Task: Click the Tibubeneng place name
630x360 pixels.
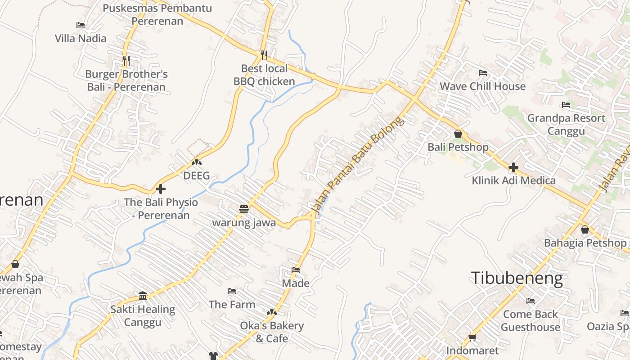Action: tap(517, 279)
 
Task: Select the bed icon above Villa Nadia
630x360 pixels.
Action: tap(81, 25)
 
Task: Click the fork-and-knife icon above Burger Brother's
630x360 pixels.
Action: tap(126, 60)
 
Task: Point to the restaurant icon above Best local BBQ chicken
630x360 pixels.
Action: tap(264, 55)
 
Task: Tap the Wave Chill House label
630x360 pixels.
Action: tap(482, 86)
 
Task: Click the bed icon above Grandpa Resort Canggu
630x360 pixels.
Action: tap(566, 105)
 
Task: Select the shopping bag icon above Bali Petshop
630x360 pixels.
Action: tap(458, 134)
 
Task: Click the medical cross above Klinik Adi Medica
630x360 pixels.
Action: tap(513, 167)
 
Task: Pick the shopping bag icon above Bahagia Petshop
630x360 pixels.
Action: tap(585, 229)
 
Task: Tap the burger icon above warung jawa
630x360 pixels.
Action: tap(244, 209)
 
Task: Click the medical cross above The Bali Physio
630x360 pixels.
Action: tap(161, 189)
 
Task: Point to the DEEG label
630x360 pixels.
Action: tap(197, 175)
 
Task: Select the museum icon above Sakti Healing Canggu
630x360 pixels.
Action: tap(143, 296)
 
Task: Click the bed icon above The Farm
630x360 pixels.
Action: tap(232, 291)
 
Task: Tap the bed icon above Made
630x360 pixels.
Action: tap(296, 270)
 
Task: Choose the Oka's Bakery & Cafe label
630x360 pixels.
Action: tap(272, 332)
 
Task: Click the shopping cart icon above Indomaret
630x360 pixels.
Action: tap(472, 337)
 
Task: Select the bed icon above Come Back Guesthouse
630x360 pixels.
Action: tap(531, 301)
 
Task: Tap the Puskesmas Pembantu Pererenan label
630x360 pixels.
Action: tap(157, 14)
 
